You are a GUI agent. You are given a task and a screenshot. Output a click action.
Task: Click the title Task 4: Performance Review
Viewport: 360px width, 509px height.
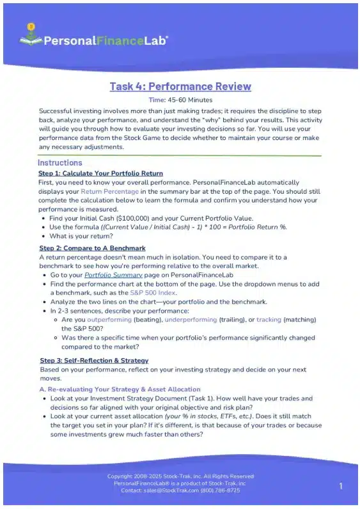coord(180,86)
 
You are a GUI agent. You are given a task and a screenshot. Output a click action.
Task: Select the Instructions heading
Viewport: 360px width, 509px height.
coord(60,163)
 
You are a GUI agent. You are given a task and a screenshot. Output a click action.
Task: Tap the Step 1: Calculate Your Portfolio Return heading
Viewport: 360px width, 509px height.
coord(100,173)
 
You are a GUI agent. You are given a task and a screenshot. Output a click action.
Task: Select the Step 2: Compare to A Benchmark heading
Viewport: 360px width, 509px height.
coord(92,247)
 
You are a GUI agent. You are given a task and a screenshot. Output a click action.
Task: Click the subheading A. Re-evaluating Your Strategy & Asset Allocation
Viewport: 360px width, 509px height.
coord(120,389)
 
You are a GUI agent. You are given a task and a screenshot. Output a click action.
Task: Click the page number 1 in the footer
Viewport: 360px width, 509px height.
coord(341,487)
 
